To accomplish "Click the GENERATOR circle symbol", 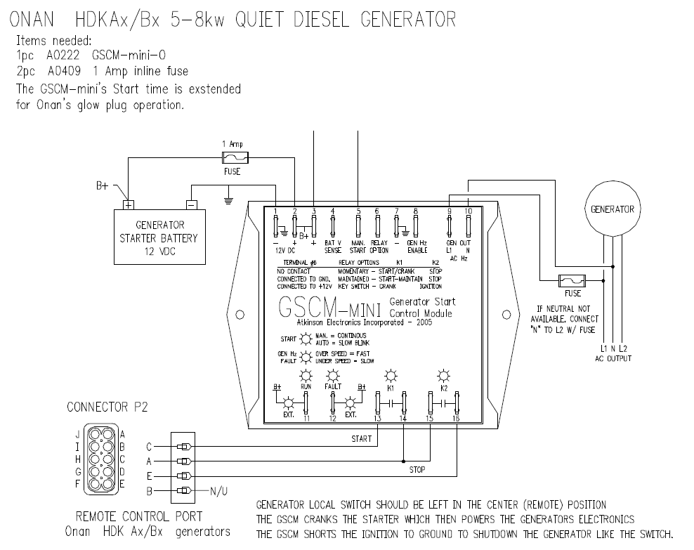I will coord(613,209).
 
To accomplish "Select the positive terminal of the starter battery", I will coord(129,204).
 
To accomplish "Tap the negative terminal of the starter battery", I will coord(191,204).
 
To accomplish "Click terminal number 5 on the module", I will coord(358,228).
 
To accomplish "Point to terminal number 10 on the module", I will coord(469,226).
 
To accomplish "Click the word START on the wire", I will coord(362,439).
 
